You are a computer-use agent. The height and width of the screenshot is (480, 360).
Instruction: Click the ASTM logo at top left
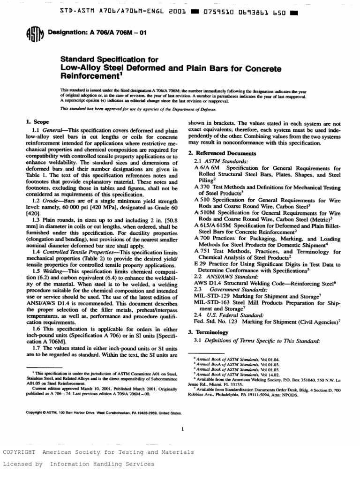[32, 34]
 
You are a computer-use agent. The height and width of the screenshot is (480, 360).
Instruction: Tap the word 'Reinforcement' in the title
[89, 76]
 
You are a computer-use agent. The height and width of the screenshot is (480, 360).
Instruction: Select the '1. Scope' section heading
[38, 122]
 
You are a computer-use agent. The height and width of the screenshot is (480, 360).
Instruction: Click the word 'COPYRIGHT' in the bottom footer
[19, 452]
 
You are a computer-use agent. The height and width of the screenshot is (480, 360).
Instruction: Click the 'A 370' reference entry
[202, 187]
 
